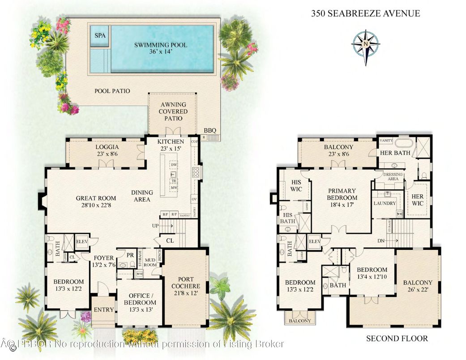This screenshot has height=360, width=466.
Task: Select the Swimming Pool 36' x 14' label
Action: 161,48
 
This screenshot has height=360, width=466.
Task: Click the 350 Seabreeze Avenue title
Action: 365,13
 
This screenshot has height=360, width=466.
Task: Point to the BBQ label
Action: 210,130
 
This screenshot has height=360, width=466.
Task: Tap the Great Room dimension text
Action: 96,206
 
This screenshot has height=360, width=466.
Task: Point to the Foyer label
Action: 103,261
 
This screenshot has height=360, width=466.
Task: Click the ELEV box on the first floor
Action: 81,241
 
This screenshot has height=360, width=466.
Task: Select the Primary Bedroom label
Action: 342,198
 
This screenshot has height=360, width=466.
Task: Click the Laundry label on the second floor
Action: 385,203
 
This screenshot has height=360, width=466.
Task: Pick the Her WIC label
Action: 417,200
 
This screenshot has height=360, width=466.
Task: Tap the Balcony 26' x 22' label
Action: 417,286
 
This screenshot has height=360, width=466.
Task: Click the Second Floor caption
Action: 397,339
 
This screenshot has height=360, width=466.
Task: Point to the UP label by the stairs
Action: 155,225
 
